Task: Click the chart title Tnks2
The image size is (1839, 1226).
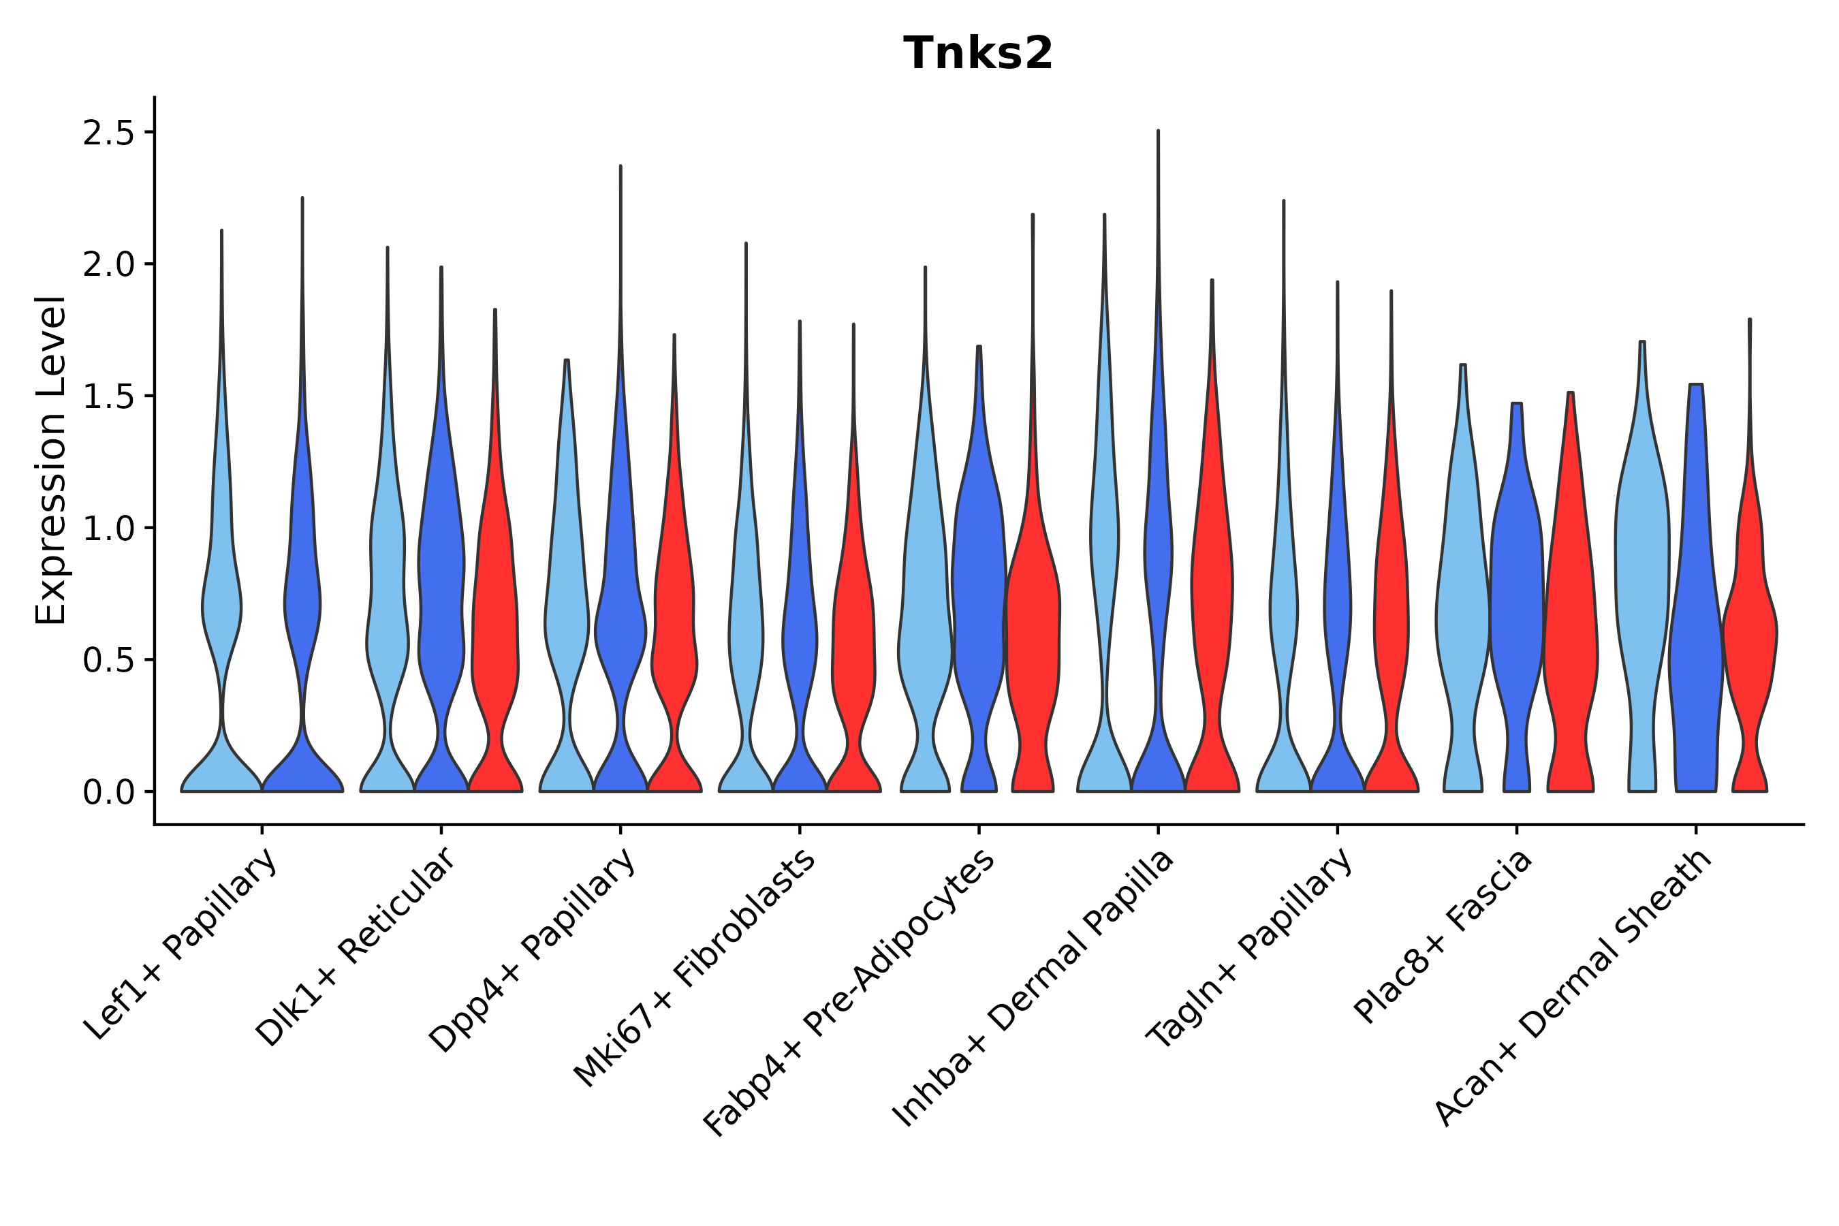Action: click(977, 54)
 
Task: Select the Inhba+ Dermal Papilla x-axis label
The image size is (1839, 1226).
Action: click(1034, 988)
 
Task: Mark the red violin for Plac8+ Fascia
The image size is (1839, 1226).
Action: click(1570, 625)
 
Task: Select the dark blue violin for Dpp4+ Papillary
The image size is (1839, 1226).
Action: click(620, 625)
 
